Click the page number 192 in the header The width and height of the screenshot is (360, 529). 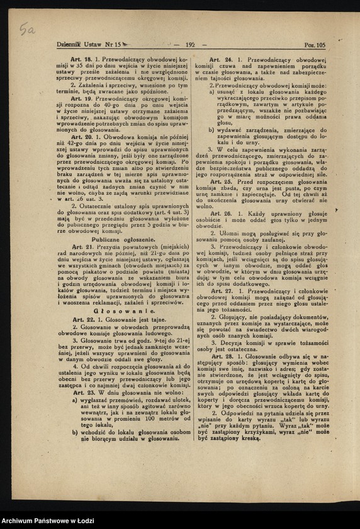coord(191,45)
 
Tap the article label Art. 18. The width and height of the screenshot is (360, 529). coord(81,59)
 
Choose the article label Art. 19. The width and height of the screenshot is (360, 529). coord(81,99)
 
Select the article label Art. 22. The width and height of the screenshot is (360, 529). coord(83,319)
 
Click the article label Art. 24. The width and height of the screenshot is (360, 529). coord(224,59)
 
